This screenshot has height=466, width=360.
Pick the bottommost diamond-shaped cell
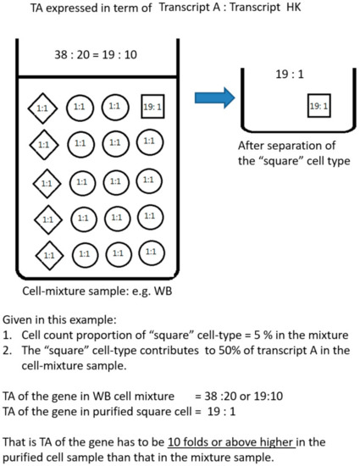(x=48, y=253)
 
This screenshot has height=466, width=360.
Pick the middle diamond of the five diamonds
(x=48, y=181)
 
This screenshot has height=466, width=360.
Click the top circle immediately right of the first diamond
(x=83, y=108)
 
